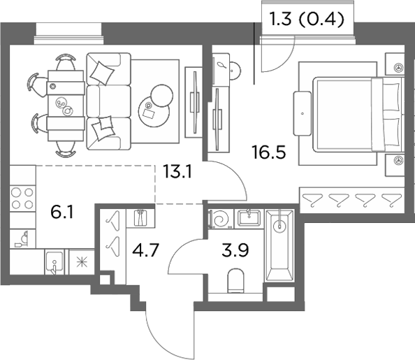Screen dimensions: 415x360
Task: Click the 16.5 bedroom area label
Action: coord(269,152)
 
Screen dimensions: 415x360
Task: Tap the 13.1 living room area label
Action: coord(177,171)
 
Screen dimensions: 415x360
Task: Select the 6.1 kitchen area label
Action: coord(62,213)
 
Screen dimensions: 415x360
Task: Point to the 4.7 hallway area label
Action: coord(145,250)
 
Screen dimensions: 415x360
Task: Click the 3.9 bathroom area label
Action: coord(235,250)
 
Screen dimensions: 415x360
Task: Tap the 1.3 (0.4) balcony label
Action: coord(307,20)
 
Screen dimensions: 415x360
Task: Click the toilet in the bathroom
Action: coord(235,281)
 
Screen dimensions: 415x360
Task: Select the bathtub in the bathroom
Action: coord(279,245)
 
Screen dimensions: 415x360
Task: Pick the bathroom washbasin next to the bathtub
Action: coord(249,218)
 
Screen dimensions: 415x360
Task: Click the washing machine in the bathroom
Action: coord(221,219)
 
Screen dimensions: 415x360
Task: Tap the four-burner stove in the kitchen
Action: coord(22,199)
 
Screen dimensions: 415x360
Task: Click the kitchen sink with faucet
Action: coord(54,262)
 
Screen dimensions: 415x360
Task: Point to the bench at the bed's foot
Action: coord(302,113)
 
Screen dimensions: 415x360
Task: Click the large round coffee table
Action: coord(154,112)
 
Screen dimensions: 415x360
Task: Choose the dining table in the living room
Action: coord(66,106)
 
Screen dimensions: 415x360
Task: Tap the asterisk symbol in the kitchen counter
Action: coord(82,261)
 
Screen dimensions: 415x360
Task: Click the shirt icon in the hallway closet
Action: coord(140,217)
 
